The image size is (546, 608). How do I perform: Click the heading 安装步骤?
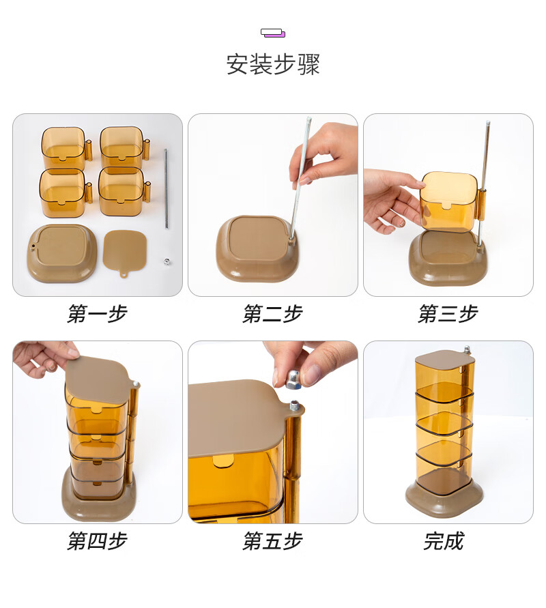[x=273, y=65]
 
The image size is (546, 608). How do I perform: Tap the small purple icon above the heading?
[x=273, y=33]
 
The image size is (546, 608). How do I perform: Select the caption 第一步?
[x=97, y=314]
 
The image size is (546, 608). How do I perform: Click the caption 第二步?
[x=272, y=314]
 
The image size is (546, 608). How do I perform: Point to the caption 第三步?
[x=448, y=314]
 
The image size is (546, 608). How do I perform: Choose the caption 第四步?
[x=97, y=542]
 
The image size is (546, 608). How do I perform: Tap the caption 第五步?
[x=272, y=542]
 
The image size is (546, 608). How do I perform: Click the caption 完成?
[x=444, y=542]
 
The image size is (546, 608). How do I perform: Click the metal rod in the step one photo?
[x=165, y=188]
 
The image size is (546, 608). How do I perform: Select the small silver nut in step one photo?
[x=166, y=261]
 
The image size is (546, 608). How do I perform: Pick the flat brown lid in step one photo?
[x=125, y=250]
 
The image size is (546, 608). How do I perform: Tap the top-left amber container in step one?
[x=63, y=147]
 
